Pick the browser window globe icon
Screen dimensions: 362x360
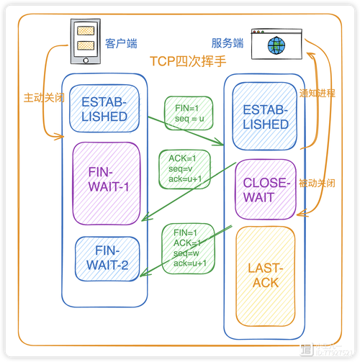[276, 44]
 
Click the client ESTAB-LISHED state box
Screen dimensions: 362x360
[104, 109]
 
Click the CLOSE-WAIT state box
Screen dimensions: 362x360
[266, 190]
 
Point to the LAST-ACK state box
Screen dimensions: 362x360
[267, 276]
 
